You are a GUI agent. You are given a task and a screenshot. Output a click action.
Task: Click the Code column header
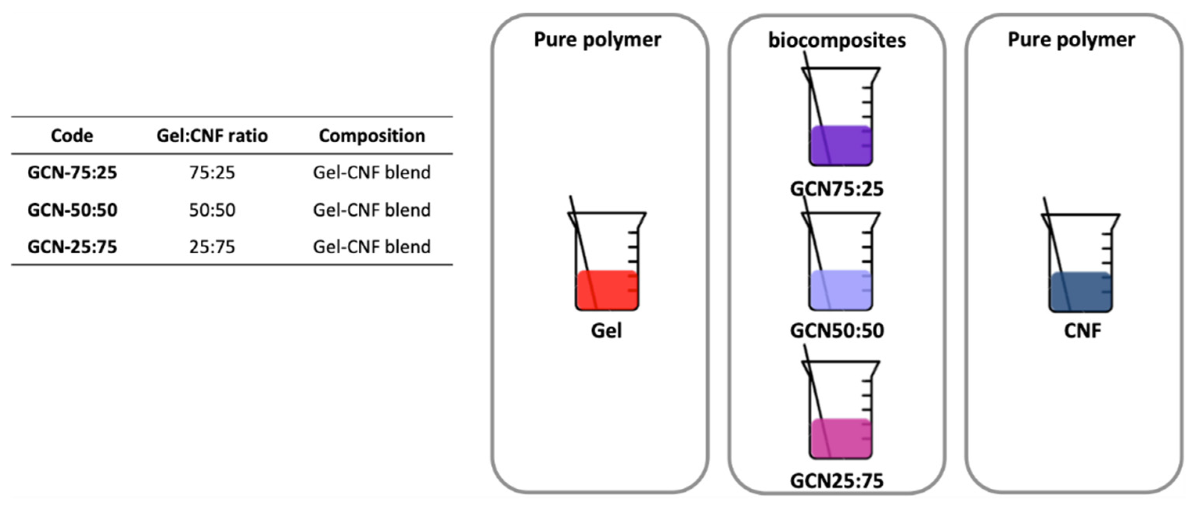[72, 136]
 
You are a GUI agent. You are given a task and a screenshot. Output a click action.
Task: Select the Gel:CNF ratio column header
[212, 136]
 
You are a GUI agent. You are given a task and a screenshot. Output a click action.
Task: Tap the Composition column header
[372, 136]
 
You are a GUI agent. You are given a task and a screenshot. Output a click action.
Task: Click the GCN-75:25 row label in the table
[72, 172]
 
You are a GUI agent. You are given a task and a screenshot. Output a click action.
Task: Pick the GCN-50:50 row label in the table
[72, 210]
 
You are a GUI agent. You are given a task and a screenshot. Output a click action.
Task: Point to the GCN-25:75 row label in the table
[72, 247]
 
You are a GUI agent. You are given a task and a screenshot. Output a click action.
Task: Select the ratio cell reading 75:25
[212, 172]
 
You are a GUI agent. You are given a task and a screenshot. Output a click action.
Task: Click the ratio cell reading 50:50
[212, 210]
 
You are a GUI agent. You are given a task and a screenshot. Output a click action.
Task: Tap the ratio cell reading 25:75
[212, 247]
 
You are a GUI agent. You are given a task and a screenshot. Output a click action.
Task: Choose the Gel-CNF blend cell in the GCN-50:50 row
[372, 210]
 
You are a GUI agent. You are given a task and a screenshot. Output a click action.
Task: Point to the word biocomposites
[837, 40]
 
